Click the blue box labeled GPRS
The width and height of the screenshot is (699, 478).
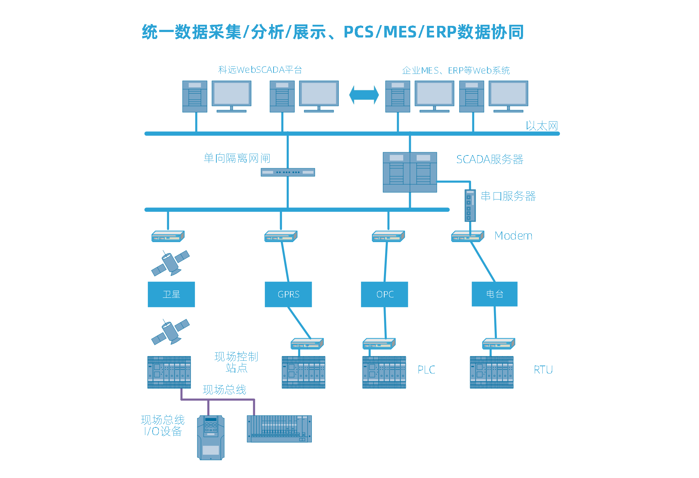click(x=288, y=294)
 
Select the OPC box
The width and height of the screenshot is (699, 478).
click(x=384, y=294)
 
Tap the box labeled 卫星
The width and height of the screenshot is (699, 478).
click(x=171, y=294)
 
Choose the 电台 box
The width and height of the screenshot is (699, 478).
click(x=494, y=294)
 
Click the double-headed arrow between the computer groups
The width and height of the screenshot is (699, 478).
click(x=364, y=95)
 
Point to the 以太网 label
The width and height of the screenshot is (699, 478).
click(x=542, y=126)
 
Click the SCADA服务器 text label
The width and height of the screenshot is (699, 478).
click(x=490, y=159)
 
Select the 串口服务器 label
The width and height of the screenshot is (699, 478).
click(x=508, y=196)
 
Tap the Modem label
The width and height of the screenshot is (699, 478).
click(x=513, y=236)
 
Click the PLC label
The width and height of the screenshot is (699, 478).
click(x=426, y=370)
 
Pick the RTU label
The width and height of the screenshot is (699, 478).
click(x=543, y=370)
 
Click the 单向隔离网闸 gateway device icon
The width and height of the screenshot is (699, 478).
click(x=288, y=172)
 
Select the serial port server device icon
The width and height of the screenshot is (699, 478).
click(x=470, y=205)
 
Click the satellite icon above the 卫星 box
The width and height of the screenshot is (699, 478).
click(x=170, y=263)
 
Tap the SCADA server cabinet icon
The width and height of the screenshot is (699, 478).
click(x=410, y=172)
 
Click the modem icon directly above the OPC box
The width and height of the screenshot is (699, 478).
click(x=388, y=236)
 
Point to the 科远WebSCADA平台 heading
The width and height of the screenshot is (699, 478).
click(x=260, y=70)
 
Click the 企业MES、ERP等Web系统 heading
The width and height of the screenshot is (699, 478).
click(x=456, y=71)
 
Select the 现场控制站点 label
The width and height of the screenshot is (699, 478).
click(x=236, y=362)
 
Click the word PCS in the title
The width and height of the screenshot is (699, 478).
click(x=358, y=32)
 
